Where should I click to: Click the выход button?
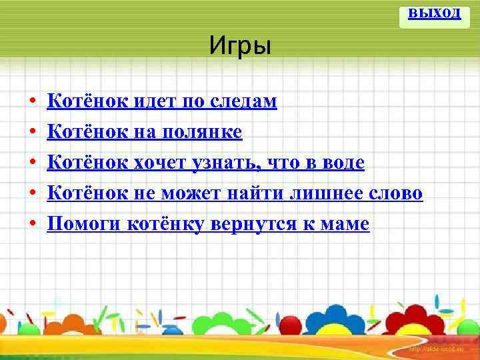pos(434,13)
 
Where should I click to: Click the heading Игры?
pos(239,47)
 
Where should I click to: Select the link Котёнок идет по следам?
pos(161,101)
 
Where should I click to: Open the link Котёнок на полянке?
pos(143,132)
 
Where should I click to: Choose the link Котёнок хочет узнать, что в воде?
pos(205,163)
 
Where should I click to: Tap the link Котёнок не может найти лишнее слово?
pos(234,193)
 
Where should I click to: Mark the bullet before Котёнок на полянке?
pos(32,133)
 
